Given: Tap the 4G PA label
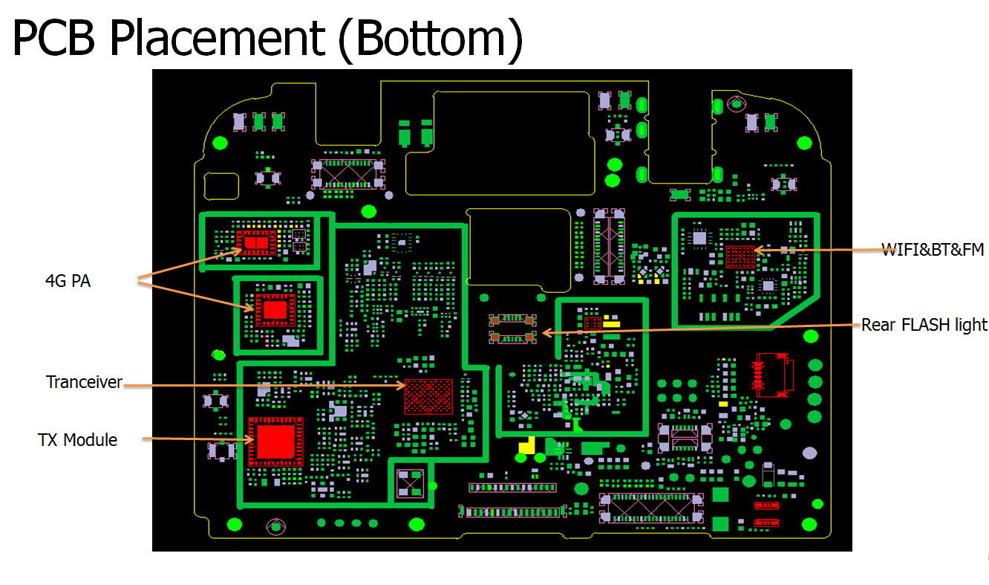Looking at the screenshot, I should coord(68,282).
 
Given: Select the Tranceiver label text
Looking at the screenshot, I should coord(84,382).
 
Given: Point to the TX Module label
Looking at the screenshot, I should coord(77,440).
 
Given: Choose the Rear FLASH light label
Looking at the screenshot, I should coord(924,325).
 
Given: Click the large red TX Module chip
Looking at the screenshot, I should coord(275,441).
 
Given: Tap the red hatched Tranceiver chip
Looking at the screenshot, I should coord(428,396).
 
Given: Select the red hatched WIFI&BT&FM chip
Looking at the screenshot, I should coord(740,256).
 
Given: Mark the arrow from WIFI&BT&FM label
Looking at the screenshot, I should coord(817,251).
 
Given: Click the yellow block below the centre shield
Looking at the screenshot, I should coord(526,445).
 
